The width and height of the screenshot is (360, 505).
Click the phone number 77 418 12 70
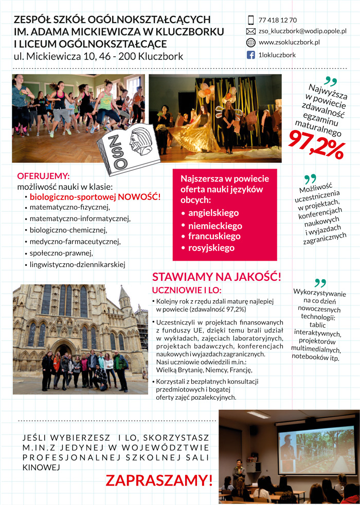tap(278, 20)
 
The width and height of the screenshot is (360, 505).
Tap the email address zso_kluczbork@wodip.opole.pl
tap(302, 31)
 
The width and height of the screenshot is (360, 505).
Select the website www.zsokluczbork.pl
tap(289, 43)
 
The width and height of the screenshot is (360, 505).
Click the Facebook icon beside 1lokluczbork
tap(251, 55)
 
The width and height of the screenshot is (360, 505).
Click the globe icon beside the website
tap(251, 43)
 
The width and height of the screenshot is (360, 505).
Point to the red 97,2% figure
tap(316, 144)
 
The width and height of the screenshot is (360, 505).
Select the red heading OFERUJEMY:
tap(43, 176)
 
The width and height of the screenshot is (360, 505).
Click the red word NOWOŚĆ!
tap(139, 196)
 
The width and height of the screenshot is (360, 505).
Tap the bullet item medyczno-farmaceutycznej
tap(75, 241)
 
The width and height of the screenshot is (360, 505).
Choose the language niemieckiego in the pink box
tap(215, 226)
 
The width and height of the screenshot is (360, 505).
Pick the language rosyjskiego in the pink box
tap(211, 248)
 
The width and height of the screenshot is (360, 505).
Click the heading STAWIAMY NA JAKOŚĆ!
tap(217, 277)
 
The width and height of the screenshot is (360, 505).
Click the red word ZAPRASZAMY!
tap(159, 480)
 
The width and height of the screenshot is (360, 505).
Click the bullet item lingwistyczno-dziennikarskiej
tap(78, 264)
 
